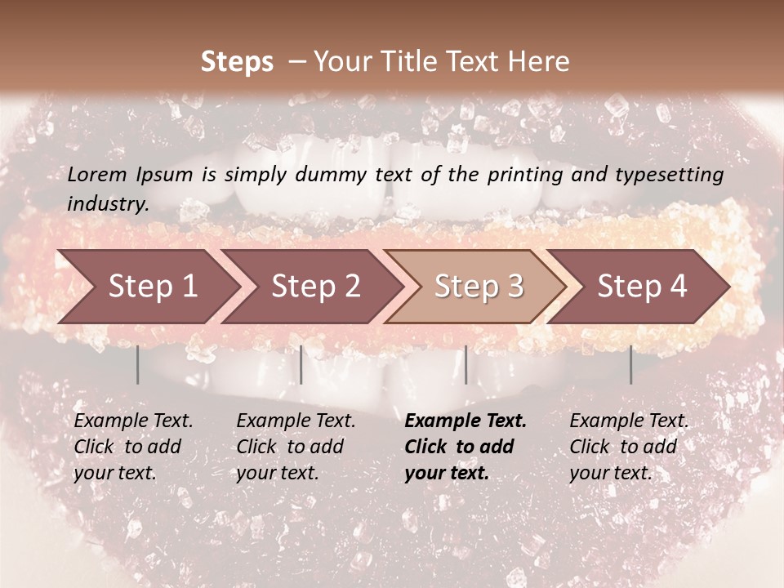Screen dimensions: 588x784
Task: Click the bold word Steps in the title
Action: [x=237, y=62]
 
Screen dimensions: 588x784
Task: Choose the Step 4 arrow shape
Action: [x=642, y=286]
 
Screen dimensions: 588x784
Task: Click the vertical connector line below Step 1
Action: [x=137, y=364]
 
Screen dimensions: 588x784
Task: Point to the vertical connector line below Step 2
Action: [x=301, y=364]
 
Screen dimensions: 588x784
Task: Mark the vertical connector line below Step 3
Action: [x=465, y=364]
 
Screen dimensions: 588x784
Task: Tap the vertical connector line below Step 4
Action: [x=630, y=364]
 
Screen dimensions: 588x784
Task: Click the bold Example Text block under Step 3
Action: [x=465, y=447]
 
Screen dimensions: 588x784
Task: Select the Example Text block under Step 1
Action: [x=133, y=447]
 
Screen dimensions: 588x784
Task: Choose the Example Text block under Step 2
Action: [x=296, y=447]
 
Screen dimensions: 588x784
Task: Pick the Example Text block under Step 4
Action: [x=629, y=447]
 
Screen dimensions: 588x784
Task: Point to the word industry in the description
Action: [x=108, y=204]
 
